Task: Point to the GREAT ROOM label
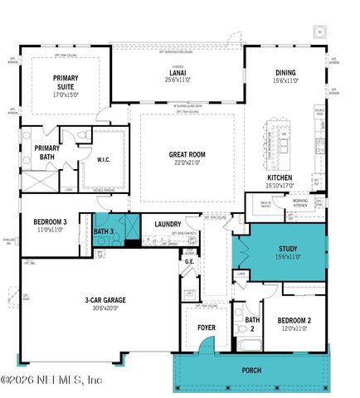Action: [187, 154]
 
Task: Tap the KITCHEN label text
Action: [280, 178]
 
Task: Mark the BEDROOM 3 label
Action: [51, 221]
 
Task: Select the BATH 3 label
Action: [103, 231]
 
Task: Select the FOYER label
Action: [206, 328]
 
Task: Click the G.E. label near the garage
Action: [189, 261]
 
